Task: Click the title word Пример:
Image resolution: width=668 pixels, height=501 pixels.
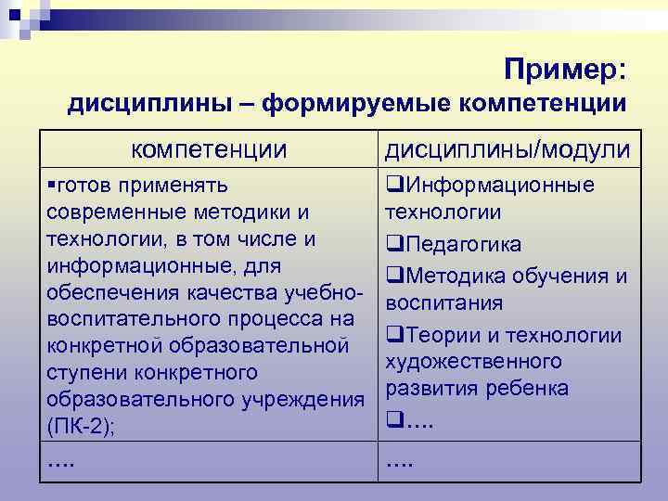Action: pos(566,69)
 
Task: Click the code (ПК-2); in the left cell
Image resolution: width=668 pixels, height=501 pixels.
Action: pos(77,427)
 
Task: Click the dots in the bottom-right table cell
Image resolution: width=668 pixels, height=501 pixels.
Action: pos(400,461)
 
